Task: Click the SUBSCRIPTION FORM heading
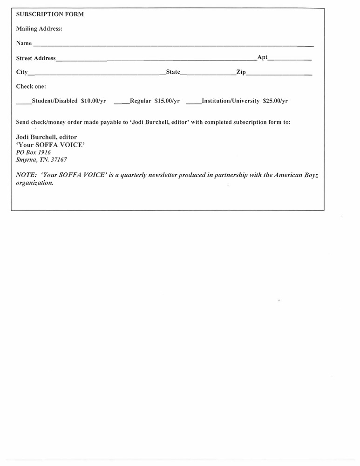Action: point(50,14)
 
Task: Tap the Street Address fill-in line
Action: point(156,60)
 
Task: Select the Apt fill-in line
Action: point(290,60)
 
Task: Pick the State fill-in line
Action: point(208,74)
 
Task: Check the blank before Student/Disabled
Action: point(23,103)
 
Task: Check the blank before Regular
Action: point(122,103)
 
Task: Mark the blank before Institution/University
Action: point(193,103)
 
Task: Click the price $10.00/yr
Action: point(94,101)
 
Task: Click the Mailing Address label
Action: point(39,29)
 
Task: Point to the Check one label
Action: point(31,87)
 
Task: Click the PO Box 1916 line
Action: point(34,152)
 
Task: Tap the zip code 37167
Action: point(59,160)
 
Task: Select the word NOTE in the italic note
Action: point(26,175)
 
